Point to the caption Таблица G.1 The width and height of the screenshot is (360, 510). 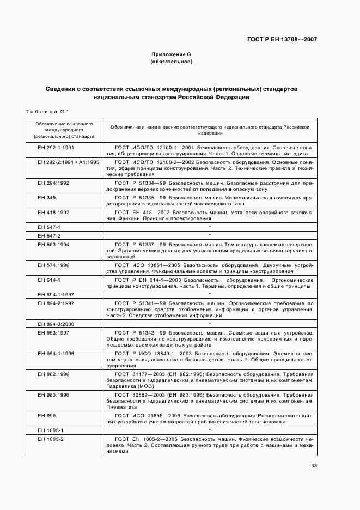pyautogui.click(x=46, y=112)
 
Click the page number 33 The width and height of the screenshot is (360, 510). pyautogui.click(x=314, y=465)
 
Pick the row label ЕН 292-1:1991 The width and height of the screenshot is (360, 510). pyautogui.click(x=56, y=148)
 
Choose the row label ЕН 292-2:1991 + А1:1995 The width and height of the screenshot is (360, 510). pyautogui.click(x=69, y=162)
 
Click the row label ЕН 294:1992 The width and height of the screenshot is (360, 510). pyautogui.click(x=53, y=183)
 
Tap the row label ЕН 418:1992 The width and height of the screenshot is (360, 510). pyautogui.click(x=53, y=212)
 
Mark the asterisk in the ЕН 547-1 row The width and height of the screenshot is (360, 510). pyautogui.click(x=210, y=227)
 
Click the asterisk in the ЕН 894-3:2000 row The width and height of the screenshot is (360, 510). pyautogui.click(x=210, y=324)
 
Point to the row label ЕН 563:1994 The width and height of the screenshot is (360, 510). pyautogui.click(x=53, y=245)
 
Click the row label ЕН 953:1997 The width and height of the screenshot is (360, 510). pyautogui.click(x=53, y=332)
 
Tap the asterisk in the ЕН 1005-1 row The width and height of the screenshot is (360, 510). pyautogui.click(x=210, y=430)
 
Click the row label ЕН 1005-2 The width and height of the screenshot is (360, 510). pyautogui.click(x=51, y=439)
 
